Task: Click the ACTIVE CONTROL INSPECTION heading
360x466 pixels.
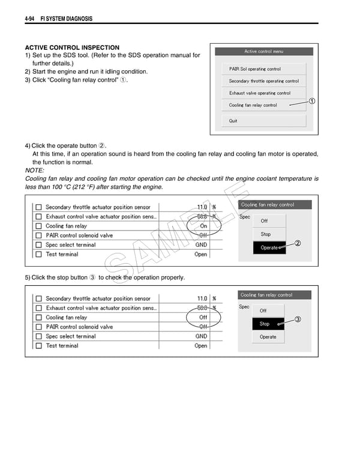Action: [72, 47]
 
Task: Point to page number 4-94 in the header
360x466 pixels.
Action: [32, 19]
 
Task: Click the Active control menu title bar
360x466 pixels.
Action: [263, 52]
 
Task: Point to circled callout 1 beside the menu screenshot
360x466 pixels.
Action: [312, 101]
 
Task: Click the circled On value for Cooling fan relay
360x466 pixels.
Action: [203, 226]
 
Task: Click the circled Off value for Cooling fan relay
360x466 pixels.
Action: [203, 317]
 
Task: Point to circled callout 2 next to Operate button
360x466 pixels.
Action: [298, 243]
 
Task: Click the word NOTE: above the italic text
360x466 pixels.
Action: [35, 171]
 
